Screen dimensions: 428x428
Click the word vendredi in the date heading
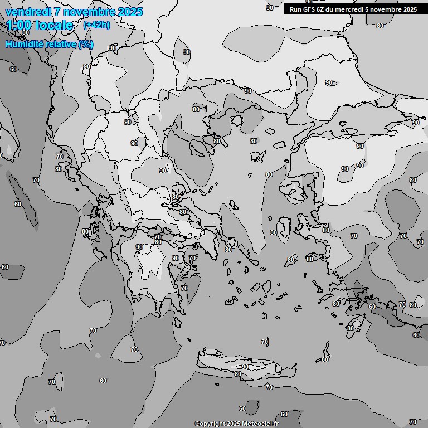tap(28, 12)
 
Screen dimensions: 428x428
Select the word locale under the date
tap(54, 25)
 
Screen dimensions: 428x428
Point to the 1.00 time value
tap(20, 25)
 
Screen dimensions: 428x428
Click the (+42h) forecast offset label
tap(96, 25)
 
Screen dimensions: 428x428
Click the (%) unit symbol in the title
tap(86, 44)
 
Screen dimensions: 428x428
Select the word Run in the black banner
tap(295, 9)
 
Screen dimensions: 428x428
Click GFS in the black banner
tap(309, 9)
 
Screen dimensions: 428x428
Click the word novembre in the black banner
tap(390, 9)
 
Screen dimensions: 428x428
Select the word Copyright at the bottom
tap(210, 424)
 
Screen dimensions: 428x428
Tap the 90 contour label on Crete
tap(245, 367)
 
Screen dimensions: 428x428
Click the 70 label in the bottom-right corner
tap(412, 422)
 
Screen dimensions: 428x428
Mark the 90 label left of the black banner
tap(270, 8)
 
